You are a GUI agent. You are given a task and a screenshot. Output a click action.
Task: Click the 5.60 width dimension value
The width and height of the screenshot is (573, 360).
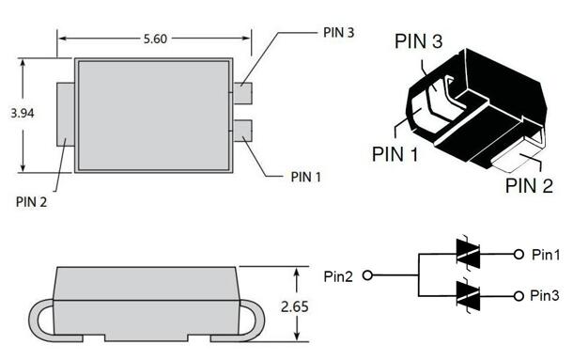click(x=156, y=39)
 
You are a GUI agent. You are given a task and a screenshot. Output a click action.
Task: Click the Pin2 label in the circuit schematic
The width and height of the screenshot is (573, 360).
click(x=340, y=275)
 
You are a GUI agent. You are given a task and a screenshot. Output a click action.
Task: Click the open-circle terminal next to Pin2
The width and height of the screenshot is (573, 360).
click(x=367, y=275)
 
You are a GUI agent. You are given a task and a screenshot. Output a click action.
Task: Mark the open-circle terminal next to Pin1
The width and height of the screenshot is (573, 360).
click(x=518, y=255)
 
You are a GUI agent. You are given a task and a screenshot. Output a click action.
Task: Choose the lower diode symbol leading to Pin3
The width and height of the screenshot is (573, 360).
click(x=467, y=295)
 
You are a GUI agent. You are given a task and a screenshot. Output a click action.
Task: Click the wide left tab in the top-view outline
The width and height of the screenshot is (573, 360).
click(x=67, y=115)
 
